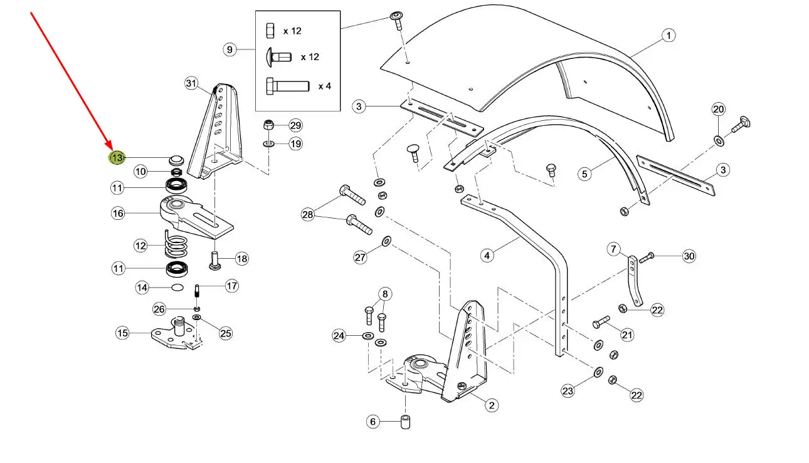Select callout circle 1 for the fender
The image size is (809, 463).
coord(669,36)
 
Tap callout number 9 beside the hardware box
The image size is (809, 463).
coord(230,49)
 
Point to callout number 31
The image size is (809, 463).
coord(191,83)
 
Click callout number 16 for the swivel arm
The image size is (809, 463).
coord(118,213)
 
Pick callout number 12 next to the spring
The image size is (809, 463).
coord(140,245)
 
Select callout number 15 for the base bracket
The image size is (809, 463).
coord(122,333)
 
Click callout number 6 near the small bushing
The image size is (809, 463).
coord(373,422)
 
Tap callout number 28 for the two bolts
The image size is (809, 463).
coord(307,215)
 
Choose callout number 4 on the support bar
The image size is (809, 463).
coord(488,255)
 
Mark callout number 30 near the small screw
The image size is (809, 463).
coord(689,256)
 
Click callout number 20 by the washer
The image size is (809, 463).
coord(718,110)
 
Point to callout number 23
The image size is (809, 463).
coord(568,392)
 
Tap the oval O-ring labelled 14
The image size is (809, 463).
coord(177,288)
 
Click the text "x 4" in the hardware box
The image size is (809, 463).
coord(324,86)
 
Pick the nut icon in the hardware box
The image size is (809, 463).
coord(270,30)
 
